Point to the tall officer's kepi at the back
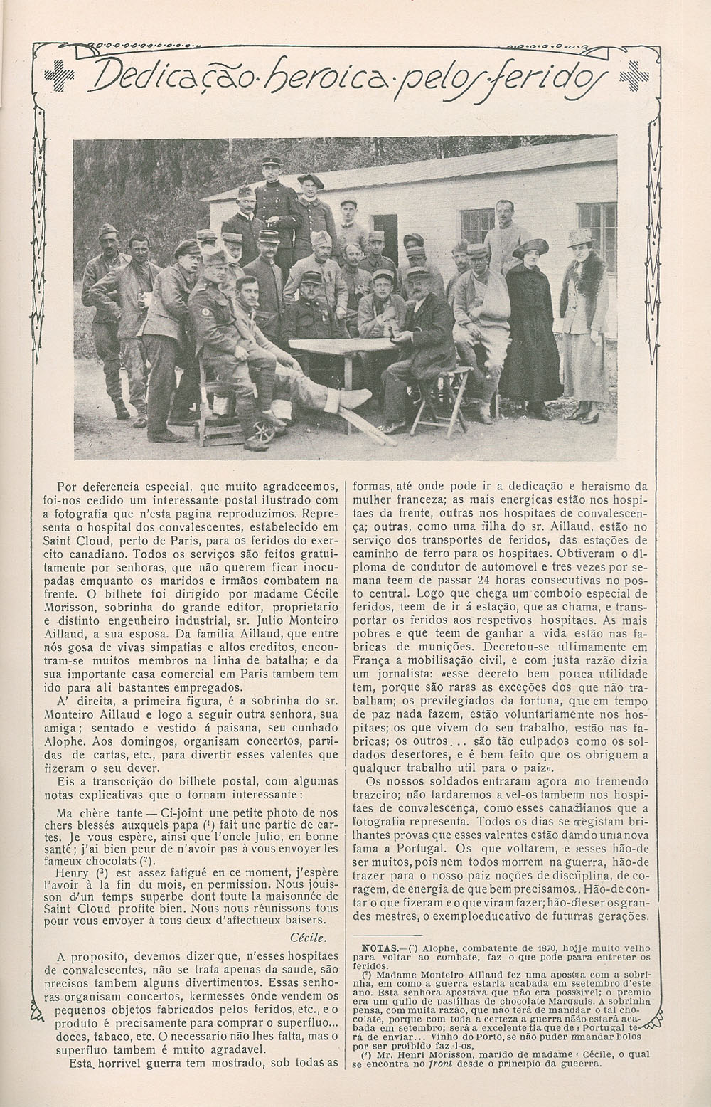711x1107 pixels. click(x=271, y=163)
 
